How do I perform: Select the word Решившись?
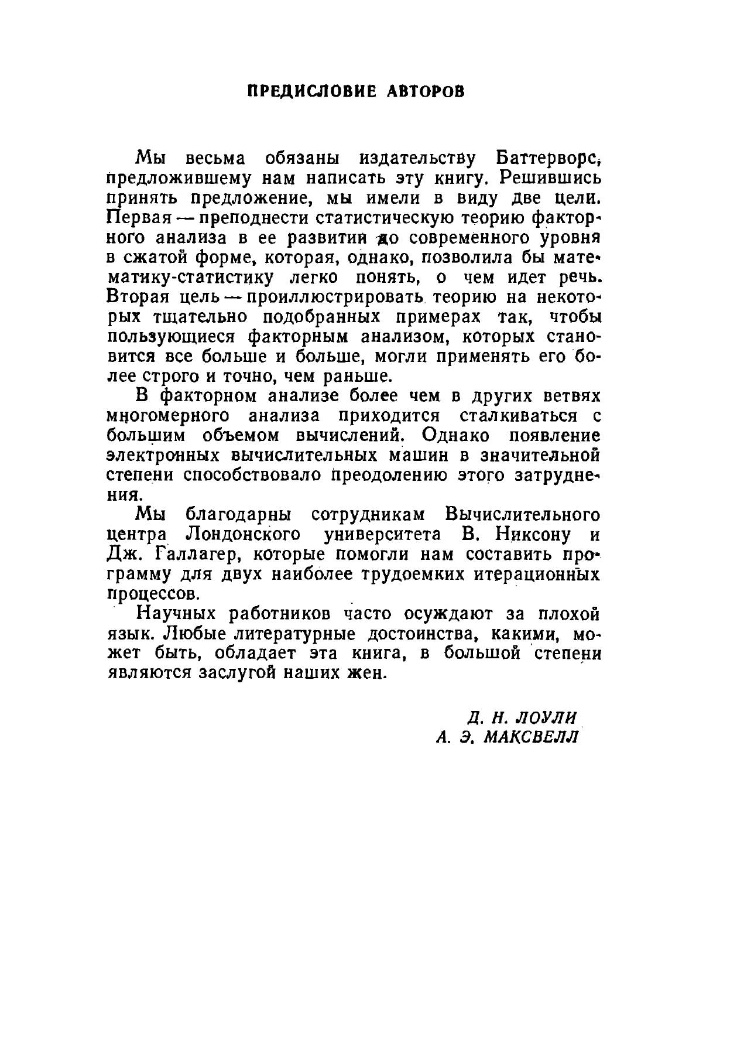(x=552, y=177)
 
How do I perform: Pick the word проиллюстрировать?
(x=334, y=297)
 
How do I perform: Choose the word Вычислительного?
(x=522, y=515)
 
